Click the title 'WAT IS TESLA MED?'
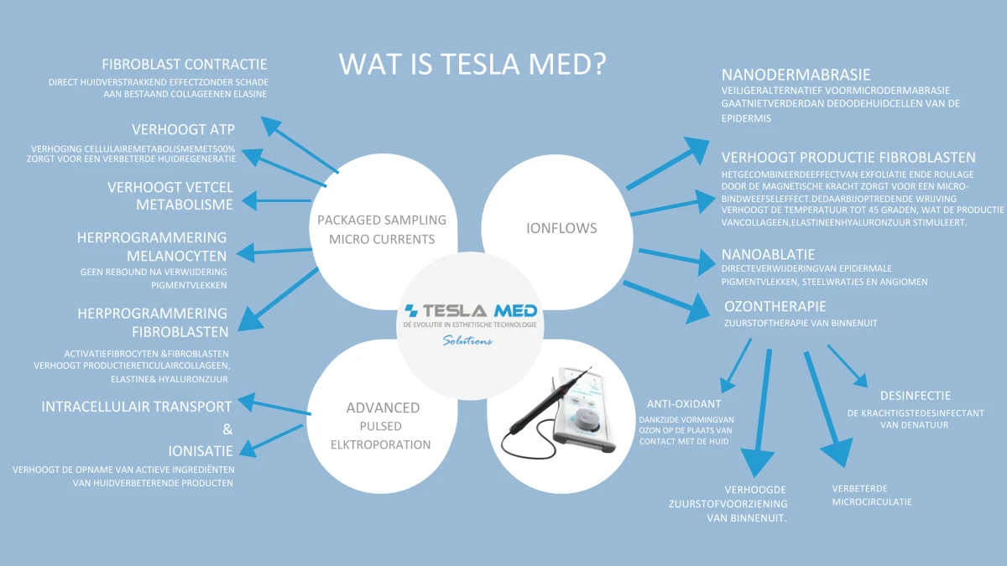(x=472, y=64)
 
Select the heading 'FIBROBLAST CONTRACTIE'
(x=185, y=65)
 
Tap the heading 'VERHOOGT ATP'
(x=184, y=129)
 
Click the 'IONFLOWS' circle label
(x=561, y=228)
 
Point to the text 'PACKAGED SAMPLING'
(x=382, y=220)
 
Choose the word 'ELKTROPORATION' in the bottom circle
(x=381, y=444)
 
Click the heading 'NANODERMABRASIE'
(x=796, y=75)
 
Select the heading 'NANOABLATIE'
(x=769, y=255)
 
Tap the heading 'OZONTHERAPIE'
(x=775, y=306)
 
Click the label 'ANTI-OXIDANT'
(x=684, y=404)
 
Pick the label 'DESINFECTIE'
(x=916, y=396)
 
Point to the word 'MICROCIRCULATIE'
(x=872, y=501)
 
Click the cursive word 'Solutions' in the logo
(x=467, y=340)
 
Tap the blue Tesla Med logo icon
(x=411, y=310)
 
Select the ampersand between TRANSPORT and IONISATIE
(x=228, y=429)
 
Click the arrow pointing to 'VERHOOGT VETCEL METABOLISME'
(x=276, y=200)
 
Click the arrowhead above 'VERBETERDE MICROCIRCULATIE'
(x=837, y=452)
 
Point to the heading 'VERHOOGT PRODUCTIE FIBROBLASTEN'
(x=848, y=158)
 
